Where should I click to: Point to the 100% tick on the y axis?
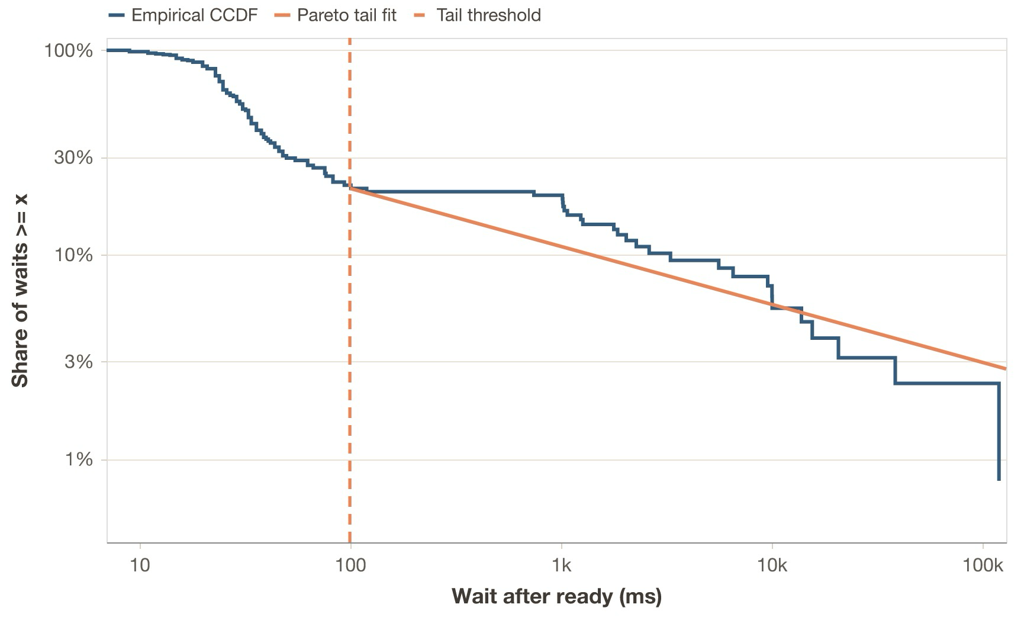pyautogui.click(x=69, y=51)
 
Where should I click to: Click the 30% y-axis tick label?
pyautogui.click(x=73, y=158)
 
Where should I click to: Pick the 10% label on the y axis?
pyautogui.click(x=73, y=256)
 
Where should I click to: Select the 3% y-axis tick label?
pyautogui.click(x=79, y=362)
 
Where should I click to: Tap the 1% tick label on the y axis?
pyautogui.click(x=79, y=460)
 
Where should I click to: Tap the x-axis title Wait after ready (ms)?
pyautogui.click(x=556, y=596)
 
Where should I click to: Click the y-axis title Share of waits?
pyautogui.click(x=20, y=290)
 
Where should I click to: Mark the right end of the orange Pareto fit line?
pyautogui.click(x=1005, y=368)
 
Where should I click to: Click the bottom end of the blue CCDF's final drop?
pyautogui.click(x=999, y=479)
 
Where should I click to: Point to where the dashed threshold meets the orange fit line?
pyautogui.click(x=350, y=188)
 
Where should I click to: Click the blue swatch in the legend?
pyautogui.click(x=117, y=15)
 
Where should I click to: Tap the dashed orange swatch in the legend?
pyautogui.click(x=419, y=15)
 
